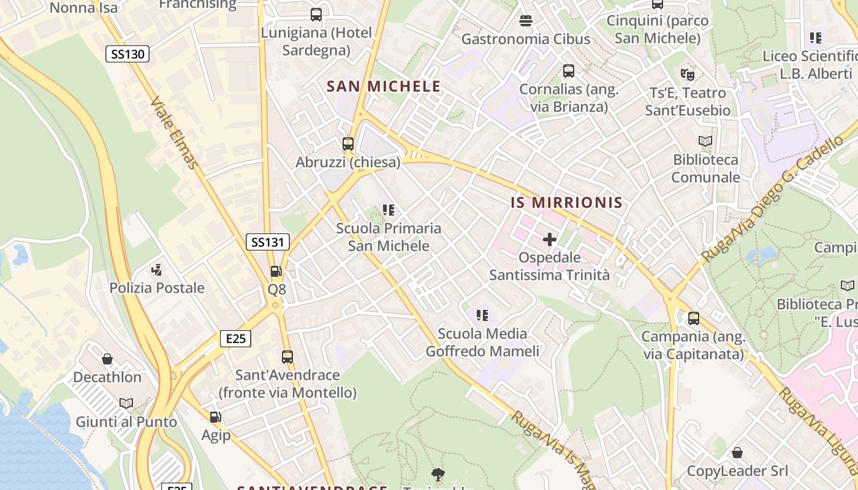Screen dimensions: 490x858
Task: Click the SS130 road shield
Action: click(x=127, y=54)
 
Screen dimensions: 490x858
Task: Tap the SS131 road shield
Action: click(x=267, y=242)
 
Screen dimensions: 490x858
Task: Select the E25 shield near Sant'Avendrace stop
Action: click(x=235, y=338)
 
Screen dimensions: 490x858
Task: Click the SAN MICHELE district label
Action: click(x=384, y=86)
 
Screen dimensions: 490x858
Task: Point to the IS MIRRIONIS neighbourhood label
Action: click(x=567, y=203)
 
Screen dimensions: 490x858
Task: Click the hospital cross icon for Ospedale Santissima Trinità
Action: click(x=550, y=239)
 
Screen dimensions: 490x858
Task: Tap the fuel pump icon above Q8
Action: click(x=276, y=271)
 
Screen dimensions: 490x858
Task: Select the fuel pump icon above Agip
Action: click(x=216, y=417)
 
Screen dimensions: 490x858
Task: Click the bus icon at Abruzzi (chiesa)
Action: click(x=348, y=144)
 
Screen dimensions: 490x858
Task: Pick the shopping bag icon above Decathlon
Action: click(x=107, y=359)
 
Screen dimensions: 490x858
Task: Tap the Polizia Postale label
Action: click(x=157, y=288)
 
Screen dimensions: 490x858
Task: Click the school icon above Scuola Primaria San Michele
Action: click(x=388, y=210)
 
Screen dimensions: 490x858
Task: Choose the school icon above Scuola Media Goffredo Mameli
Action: click(x=482, y=315)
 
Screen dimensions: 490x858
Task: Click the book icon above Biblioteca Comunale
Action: click(x=705, y=141)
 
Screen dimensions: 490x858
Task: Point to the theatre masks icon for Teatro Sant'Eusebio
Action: click(x=687, y=75)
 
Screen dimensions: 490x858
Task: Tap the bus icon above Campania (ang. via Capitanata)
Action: click(x=694, y=318)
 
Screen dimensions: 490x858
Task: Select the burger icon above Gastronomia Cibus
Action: click(x=525, y=21)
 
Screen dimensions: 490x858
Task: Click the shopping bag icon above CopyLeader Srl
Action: click(x=737, y=453)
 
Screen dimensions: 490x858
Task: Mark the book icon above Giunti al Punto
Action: click(x=126, y=404)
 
